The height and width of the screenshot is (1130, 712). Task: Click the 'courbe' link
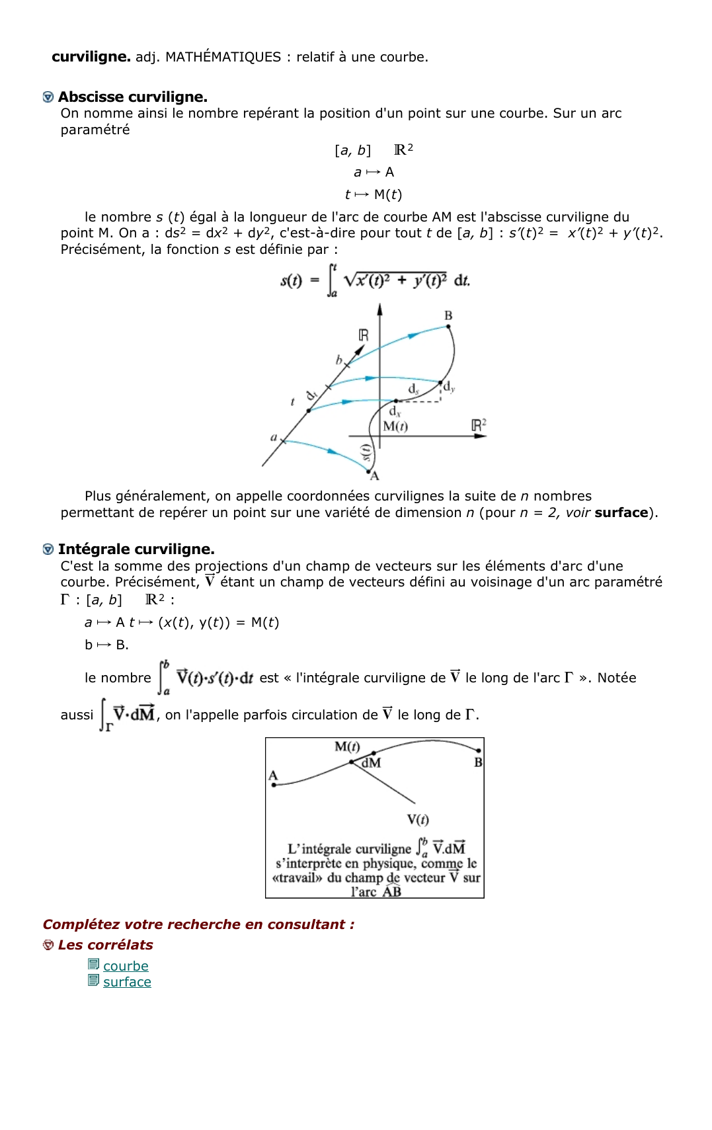[x=126, y=966]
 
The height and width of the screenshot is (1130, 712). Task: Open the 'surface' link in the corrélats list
[x=127, y=982]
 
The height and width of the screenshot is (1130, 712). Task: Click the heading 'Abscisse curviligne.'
[x=132, y=97]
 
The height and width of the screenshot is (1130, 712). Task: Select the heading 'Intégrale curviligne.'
[x=136, y=549]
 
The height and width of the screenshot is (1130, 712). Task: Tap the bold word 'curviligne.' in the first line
[x=91, y=57]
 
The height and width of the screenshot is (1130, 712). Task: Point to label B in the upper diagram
[x=448, y=315]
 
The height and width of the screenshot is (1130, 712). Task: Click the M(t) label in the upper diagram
[x=395, y=426]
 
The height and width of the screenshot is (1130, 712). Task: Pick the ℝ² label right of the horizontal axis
[x=479, y=425]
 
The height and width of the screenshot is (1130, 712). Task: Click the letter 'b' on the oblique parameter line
[x=339, y=360]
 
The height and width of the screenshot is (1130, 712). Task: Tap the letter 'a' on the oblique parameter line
[x=274, y=437]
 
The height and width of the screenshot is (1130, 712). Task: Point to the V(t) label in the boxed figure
[x=418, y=820]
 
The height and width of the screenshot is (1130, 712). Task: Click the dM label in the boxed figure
[x=371, y=763]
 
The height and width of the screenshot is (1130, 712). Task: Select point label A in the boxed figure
[x=273, y=776]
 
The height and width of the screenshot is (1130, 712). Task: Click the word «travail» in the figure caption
[x=297, y=878]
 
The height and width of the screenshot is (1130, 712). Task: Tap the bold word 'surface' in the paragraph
[x=621, y=513]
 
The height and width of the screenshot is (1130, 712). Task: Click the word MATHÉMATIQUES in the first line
[x=223, y=57]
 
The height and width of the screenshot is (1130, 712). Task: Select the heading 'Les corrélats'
[x=105, y=945]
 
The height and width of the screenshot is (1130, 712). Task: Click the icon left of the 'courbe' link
[x=94, y=965]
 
